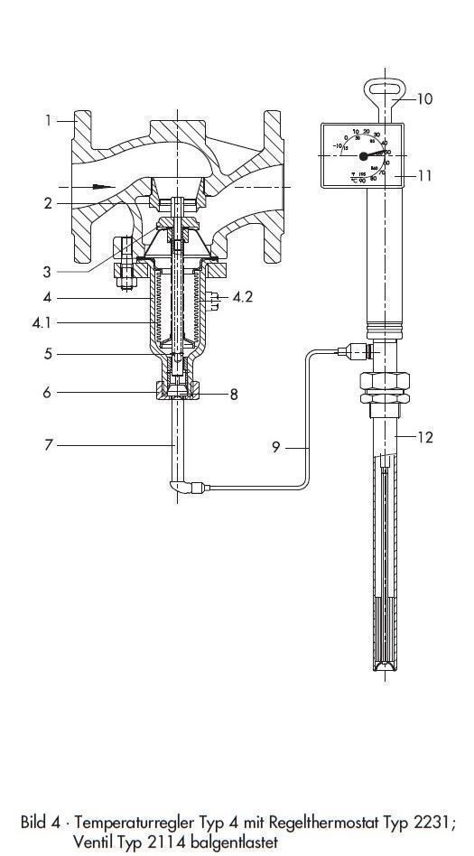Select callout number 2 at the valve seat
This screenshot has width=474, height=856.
[x=48, y=203]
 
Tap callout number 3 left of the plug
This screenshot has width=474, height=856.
[x=48, y=270]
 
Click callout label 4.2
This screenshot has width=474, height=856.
[x=243, y=295]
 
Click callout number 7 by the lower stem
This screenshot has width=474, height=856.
[x=233, y=394]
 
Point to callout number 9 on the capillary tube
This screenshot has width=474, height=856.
[x=424, y=98]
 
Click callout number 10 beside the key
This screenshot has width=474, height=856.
[x=423, y=175]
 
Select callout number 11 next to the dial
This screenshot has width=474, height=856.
[x=425, y=437]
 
